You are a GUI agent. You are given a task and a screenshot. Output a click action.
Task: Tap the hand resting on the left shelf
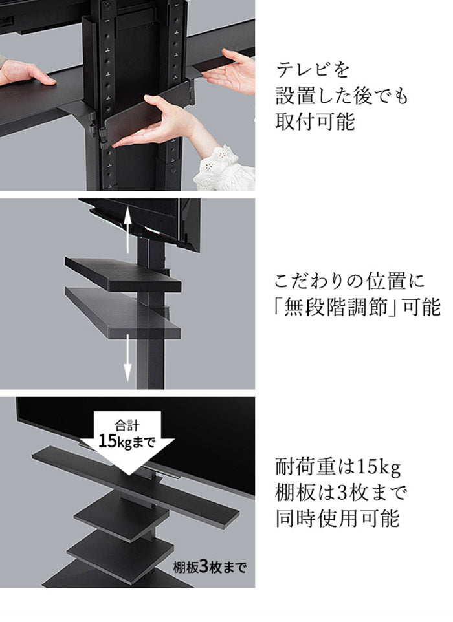26,73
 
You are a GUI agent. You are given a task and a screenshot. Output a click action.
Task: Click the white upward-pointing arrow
128,224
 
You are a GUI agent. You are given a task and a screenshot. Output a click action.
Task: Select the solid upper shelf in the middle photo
123,273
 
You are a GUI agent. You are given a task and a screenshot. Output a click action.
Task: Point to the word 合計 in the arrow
127,426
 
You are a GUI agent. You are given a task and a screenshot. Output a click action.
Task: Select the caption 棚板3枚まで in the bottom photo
209,569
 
